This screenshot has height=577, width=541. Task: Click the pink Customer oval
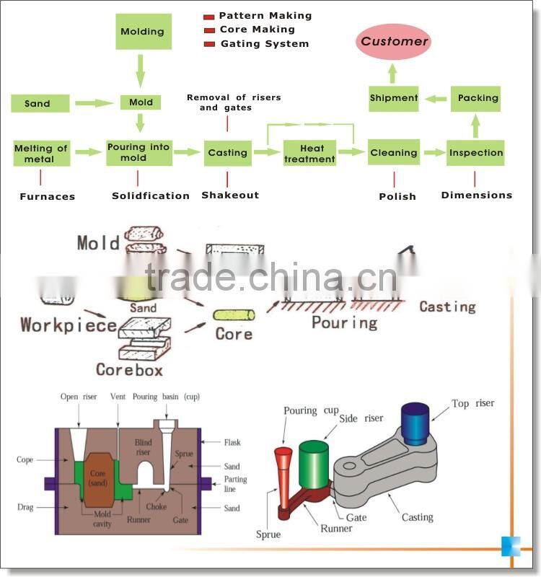tap(395, 42)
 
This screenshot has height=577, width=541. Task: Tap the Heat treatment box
tap(309, 153)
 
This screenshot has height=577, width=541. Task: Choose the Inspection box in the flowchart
tap(475, 153)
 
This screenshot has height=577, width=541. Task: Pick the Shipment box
tap(394, 98)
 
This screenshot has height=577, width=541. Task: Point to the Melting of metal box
tap(40, 153)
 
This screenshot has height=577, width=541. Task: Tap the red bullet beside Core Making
tap(209, 30)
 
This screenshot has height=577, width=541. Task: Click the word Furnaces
tap(48, 196)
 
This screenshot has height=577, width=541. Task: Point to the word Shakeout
tap(230, 195)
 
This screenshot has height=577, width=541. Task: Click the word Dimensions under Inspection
tap(476, 195)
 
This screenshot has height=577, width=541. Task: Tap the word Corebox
tap(129, 369)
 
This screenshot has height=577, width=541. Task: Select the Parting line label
tap(235, 484)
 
